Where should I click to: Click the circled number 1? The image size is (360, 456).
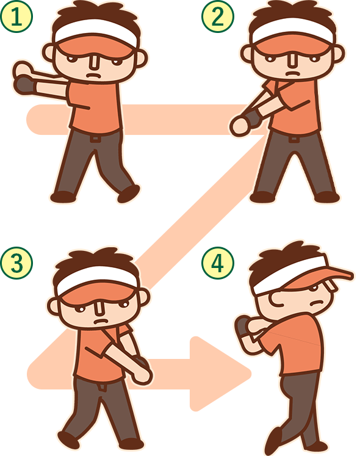[16, 16]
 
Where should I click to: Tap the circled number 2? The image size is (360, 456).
[217, 16]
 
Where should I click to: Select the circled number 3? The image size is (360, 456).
[16, 263]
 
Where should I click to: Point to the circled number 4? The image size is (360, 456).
[217, 263]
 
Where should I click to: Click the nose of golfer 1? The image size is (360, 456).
[93, 62]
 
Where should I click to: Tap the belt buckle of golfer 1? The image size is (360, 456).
[95, 138]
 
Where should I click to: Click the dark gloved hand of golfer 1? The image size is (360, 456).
[24, 84]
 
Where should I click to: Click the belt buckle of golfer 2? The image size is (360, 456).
[293, 139]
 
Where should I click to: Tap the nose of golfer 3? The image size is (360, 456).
[99, 308]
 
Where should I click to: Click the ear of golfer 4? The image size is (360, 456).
[278, 300]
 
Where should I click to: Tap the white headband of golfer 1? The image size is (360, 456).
[95, 31]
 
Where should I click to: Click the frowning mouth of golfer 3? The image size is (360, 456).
[101, 322]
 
